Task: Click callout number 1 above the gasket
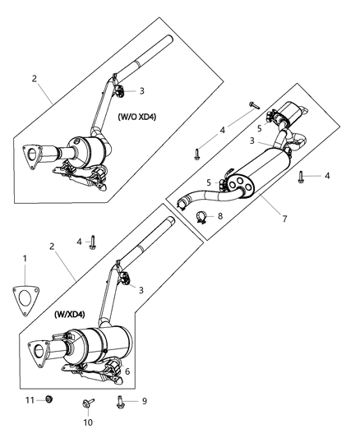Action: [24, 260]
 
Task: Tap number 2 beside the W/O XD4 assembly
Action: [34, 78]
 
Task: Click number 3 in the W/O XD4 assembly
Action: [141, 91]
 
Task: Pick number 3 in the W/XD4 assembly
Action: [141, 289]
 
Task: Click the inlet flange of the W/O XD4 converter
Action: [32, 157]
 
